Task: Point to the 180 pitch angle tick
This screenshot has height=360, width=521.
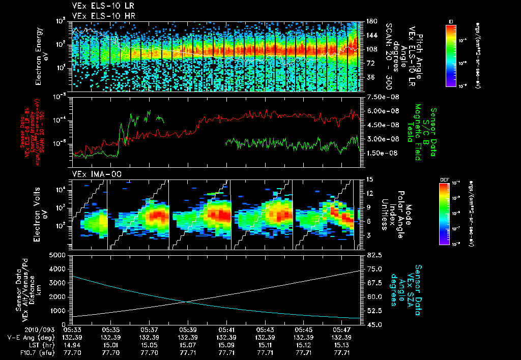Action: coord(370,21)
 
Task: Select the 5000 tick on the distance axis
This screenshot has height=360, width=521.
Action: coord(57,255)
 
